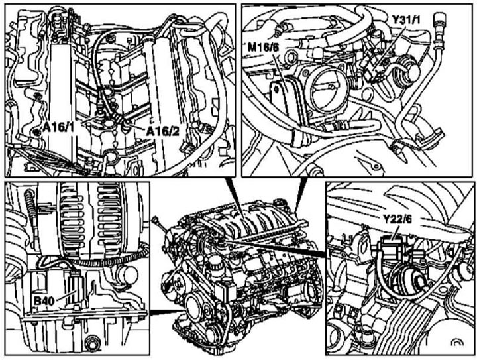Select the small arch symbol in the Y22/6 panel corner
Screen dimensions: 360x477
coord(456,342)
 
